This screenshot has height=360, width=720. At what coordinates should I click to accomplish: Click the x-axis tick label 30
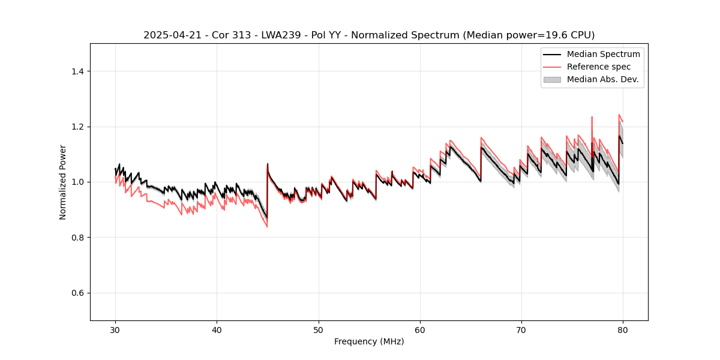click(115, 330)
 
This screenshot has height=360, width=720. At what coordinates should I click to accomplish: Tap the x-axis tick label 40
click(217, 330)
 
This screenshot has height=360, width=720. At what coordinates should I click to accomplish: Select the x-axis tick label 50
click(318, 330)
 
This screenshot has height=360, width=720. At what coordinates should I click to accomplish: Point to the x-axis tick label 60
click(419, 330)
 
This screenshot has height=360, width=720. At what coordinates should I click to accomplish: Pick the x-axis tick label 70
click(521, 330)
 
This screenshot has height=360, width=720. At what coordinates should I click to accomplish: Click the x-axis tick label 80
click(623, 330)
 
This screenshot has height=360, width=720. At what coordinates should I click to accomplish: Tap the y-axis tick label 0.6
click(77, 293)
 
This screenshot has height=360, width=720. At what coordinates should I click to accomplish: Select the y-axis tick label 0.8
click(77, 238)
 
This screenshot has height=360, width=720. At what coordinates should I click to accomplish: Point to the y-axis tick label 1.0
click(77, 182)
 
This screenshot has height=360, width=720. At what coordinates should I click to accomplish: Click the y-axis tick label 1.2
click(77, 127)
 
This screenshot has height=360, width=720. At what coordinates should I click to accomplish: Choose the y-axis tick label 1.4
click(77, 71)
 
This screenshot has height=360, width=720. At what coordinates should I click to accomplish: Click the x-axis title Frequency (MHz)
click(369, 342)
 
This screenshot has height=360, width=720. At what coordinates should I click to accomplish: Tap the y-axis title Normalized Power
click(63, 182)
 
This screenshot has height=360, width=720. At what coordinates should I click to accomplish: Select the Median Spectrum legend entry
click(603, 54)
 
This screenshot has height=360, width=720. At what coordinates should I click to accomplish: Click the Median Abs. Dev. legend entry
click(602, 79)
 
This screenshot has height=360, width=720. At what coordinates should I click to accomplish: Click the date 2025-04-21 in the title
click(169, 35)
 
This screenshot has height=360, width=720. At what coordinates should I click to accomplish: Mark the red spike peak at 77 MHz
click(592, 117)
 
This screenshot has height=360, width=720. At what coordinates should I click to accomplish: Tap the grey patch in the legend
click(551, 79)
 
